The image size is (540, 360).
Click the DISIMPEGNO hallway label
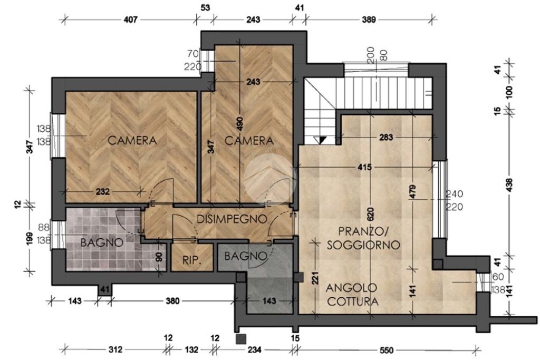coord(232,219)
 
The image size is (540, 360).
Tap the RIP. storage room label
coord(191,260)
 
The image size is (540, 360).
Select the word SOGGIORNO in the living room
coord(363,245)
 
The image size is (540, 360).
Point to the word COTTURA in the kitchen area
coord(353,301)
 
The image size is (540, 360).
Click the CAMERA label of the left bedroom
coord(132,140)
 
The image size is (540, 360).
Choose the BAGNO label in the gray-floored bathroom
coord(246,256)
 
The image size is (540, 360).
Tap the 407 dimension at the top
coord(131,20)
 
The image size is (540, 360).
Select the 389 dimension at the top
coord(369,20)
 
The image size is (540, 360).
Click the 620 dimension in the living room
coord(371,214)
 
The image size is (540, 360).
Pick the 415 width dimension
coord(365,167)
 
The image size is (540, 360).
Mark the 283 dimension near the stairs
coord(385,138)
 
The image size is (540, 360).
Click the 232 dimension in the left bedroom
coord(103,191)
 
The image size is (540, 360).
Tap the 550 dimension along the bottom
coord(387,351)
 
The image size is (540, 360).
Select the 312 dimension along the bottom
coord(115,349)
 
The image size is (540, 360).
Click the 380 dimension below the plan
coord(172,301)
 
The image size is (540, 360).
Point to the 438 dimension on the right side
coord(510,185)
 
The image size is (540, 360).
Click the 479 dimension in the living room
coord(413,192)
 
